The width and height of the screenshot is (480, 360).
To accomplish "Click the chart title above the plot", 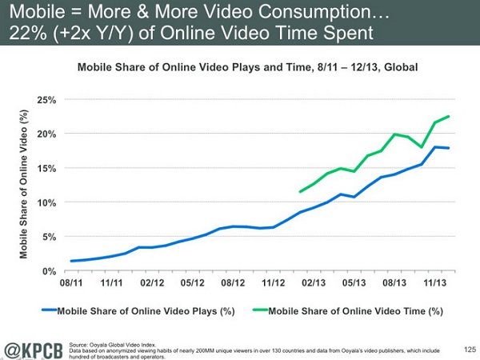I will pos(249,67).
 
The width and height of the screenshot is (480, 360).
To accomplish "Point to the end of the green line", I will pos(448,116).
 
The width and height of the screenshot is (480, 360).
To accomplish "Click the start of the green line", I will pos(299,192).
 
